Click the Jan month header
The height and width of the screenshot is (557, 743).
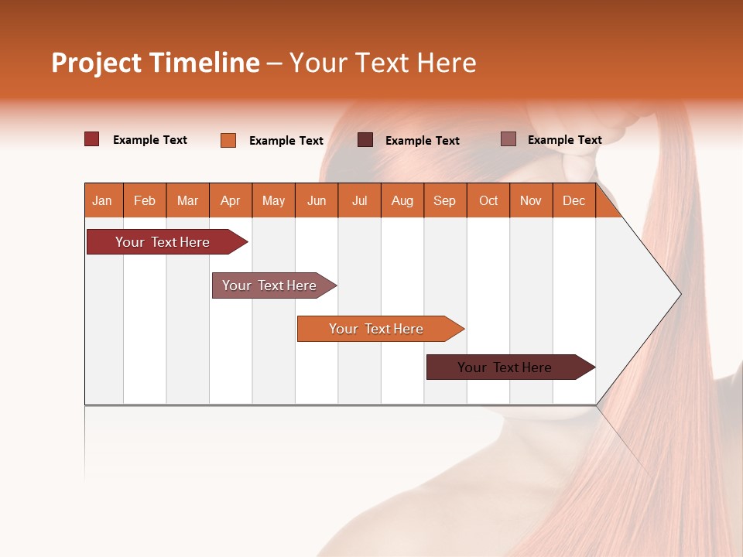coord(102,200)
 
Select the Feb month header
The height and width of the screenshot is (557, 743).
coord(145,200)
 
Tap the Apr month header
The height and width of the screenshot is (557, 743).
coord(231,200)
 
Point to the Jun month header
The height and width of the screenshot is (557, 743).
coord(317,200)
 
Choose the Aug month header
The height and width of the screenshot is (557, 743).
coord(402,200)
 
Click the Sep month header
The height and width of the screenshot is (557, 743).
coord(445,200)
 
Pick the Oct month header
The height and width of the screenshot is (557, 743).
coord(488,200)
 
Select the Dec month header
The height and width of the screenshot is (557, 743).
coord(574,200)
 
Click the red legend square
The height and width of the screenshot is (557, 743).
coord(92,139)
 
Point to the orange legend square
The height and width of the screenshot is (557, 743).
coord(228,140)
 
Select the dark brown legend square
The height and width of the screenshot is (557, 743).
coord(365,140)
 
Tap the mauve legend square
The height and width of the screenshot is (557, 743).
coord(508,139)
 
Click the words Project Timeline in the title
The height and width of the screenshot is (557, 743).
coord(155,63)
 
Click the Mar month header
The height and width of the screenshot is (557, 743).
coord(187,200)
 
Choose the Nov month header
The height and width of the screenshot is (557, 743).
coord(531,200)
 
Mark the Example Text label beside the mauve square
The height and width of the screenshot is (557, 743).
coord(564,140)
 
